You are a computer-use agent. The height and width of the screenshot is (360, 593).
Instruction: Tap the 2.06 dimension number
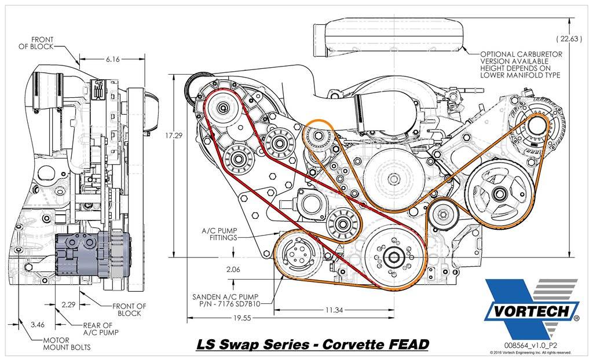tap(233, 269)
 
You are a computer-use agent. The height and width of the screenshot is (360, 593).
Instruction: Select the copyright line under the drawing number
tap(530, 352)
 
